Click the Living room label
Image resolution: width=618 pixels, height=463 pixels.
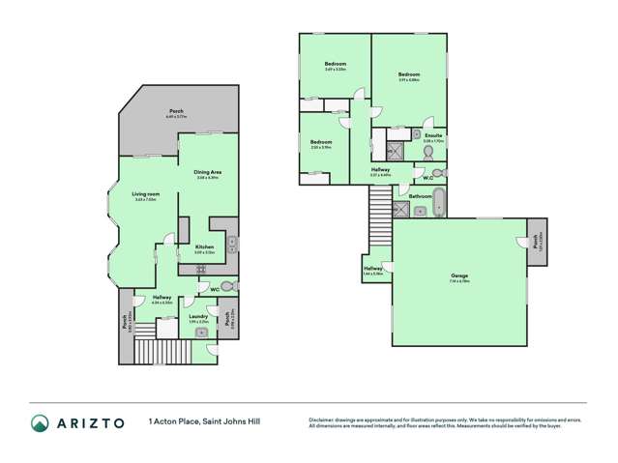[146, 194]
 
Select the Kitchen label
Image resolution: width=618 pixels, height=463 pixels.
[204, 248]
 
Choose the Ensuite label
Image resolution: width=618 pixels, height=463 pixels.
[433, 135]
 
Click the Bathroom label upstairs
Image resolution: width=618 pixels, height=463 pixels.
[420, 196]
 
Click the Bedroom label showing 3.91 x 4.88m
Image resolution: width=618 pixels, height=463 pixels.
[408, 74]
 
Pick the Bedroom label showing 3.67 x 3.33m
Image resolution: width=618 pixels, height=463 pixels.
[335, 65]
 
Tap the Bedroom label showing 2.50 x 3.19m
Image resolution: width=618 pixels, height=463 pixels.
[321, 143]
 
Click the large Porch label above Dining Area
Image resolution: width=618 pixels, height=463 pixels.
[176, 111]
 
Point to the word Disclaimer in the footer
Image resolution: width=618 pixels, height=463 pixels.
[324, 419]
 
